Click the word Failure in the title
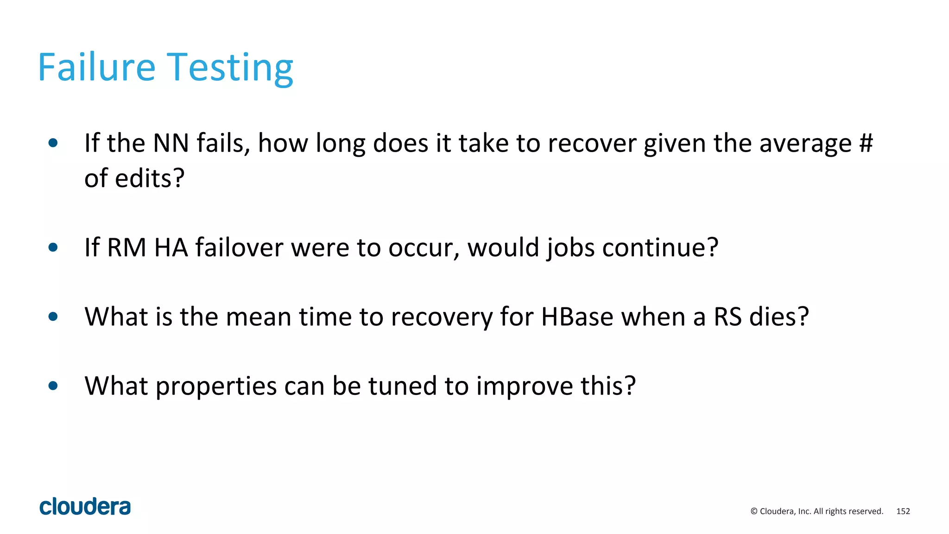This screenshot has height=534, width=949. pyautogui.click(x=96, y=67)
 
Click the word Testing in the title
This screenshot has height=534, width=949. pyautogui.click(x=230, y=68)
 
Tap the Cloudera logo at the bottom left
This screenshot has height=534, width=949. pyautogui.click(x=85, y=506)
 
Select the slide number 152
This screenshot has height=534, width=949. pyautogui.click(x=903, y=511)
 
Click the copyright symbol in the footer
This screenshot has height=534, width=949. pyautogui.click(x=754, y=511)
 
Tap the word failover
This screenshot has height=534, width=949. pyautogui.click(x=239, y=247)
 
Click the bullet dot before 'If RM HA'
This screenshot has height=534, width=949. pyautogui.click(x=53, y=248)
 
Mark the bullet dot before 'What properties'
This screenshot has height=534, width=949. pyautogui.click(x=53, y=386)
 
